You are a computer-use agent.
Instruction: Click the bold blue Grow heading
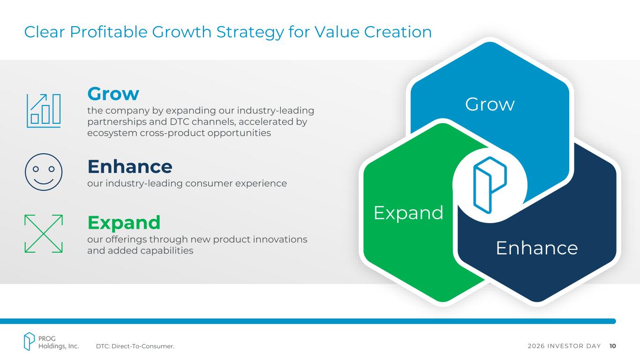pyautogui.click(x=113, y=94)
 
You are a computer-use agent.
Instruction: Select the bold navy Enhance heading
pyautogui.click(x=130, y=166)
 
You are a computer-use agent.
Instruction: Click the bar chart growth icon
pyautogui.click(x=44, y=111)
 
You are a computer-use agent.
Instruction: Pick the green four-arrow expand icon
pyautogui.click(x=44, y=234)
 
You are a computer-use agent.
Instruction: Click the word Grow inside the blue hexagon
pyautogui.click(x=489, y=104)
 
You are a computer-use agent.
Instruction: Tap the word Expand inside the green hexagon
pyautogui.click(x=408, y=213)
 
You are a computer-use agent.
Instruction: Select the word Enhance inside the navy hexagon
pyautogui.click(x=537, y=248)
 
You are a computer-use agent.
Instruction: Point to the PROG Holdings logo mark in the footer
pyautogui.click(x=29, y=341)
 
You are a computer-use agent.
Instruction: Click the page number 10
pyautogui.click(x=612, y=346)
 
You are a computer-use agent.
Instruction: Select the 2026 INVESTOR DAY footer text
pyautogui.click(x=564, y=346)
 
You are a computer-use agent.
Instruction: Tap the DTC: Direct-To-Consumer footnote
pyautogui.click(x=135, y=346)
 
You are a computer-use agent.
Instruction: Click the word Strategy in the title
pyautogui.click(x=250, y=32)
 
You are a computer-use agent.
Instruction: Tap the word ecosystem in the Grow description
pyautogui.click(x=112, y=134)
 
